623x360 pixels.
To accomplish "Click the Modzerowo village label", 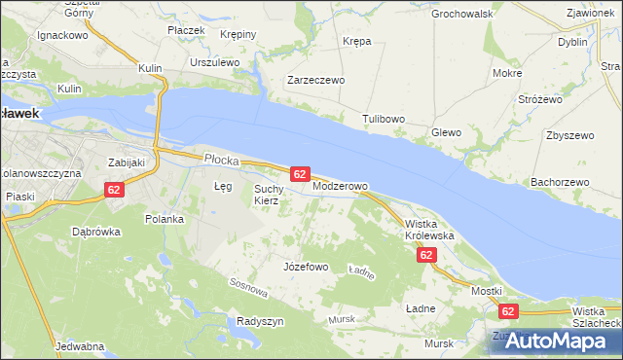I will coord(340,186).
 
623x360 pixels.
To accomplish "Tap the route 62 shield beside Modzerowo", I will coord(300,174).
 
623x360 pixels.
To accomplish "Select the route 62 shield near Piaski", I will coord(114,190).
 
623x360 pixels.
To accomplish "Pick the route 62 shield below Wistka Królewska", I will coord(425,255).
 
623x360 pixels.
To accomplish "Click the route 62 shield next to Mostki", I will coord(507,311).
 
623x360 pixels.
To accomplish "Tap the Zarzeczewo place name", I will coord(315,81).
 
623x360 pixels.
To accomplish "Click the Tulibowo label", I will coord(384,119).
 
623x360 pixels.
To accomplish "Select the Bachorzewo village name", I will coord(560,182).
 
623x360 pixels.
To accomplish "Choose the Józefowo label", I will coord(305,267).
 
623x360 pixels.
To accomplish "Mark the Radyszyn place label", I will coord(260,321).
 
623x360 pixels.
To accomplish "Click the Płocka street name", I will coord(221,158).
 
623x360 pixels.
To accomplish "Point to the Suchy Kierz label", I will coord(268,195).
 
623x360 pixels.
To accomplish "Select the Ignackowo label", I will coord(63,34).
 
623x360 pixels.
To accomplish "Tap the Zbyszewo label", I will coord(570,135).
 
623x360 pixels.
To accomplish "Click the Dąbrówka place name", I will coord(95,232).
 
